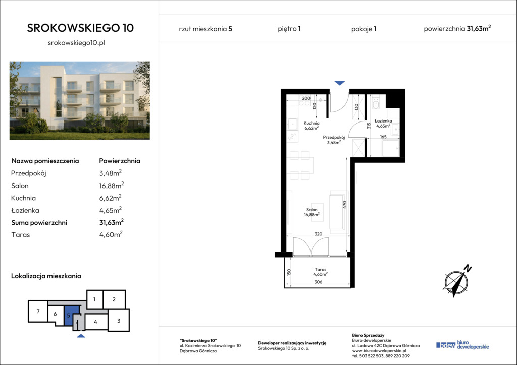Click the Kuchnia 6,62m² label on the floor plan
point(311,126)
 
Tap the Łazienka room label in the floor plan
point(383,123)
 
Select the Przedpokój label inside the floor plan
point(334,140)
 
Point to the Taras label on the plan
point(320,272)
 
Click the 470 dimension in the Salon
point(345,205)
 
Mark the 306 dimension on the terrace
point(318,282)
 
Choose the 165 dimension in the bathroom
point(383,137)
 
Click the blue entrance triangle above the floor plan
point(340,83)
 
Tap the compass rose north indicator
point(456,281)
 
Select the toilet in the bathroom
point(376,103)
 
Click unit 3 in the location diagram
point(119,320)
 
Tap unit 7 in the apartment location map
point(38,311)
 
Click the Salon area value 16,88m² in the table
point(112,186)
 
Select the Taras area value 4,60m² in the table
point(111,234)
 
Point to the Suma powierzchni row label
point(39,223)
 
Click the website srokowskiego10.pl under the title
point(77,43)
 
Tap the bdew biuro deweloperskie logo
point(462,345)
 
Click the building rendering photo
point(80,100)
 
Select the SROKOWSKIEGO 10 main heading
point(80,28)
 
